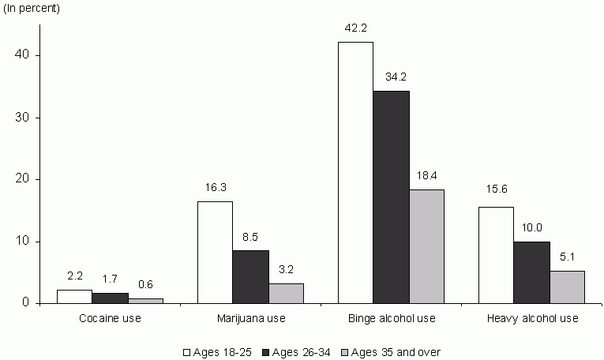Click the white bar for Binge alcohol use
[x=355, y=172]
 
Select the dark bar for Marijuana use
[x=250, y=276]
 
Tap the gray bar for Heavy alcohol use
[x=567, y=287]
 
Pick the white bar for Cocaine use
[x=74, y=296]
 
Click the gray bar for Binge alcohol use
[x=426, y=246]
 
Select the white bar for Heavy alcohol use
[x=496, y=254]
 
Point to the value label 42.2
[x=355, y=28]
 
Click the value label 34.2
[x=391, y=77]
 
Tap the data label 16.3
[x=215, y=188]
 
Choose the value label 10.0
[x=531, y=227]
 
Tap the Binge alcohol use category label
[x=391, y=319]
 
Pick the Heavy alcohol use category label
[x=531, y=319]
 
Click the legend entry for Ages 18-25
[x=217, y=351]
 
